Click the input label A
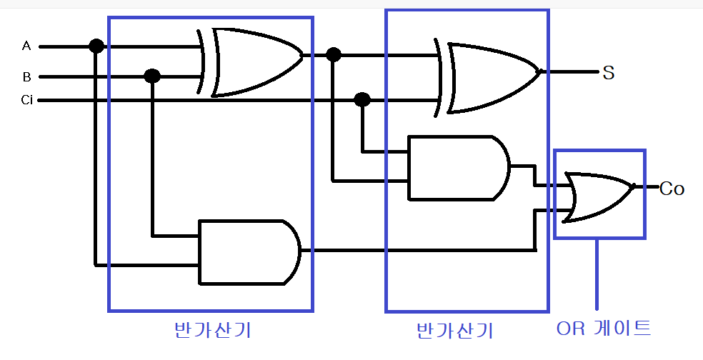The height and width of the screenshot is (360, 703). (26, 46)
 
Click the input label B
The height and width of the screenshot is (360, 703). (26, 76)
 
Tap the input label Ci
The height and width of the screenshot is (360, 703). (26, 100)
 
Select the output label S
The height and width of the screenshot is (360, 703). (609, 72)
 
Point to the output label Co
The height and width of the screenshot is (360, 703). (672, 189)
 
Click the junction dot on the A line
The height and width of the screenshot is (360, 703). (96, 46)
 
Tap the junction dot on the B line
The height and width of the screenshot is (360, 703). (151, 76)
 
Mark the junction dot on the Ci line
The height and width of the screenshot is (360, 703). (362, 99)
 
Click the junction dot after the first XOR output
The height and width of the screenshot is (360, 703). (332, 54)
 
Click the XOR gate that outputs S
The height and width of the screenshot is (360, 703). (489, 77)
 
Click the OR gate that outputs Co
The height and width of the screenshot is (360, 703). (597, 195)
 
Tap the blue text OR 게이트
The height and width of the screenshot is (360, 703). (603, 329)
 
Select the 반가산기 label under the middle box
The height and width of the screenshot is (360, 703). (454, 331)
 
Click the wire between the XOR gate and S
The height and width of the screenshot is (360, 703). (572, 72)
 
